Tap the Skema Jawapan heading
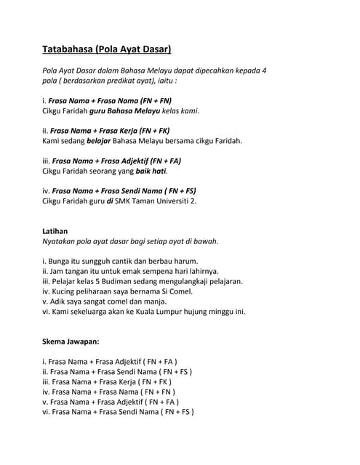coord(70,340)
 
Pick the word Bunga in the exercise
coord(63,261)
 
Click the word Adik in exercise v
coord(58,301)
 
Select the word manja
coord(154,301)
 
